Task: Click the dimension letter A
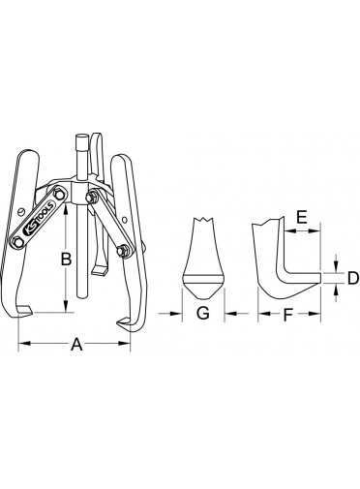pyautogui.click(x=76, y=344)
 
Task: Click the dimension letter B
pyautogui.click(x=66, y=259)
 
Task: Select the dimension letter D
pyautogui.click(x=353, y=278)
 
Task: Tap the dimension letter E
pyautogui.click(x=302, y=217)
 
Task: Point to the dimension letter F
pyautogui.click(x=287, y=315)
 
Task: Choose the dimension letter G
pyautogui.click(x=203, y=313)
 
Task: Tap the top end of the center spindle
pyautogui.click(x=81, y=136)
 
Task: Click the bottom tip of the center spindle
pyautogui.click(x=82, y=296)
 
